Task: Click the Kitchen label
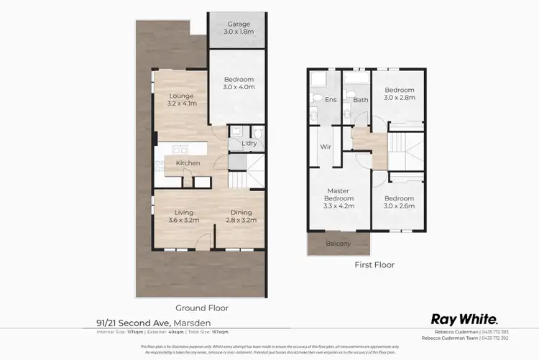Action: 188,163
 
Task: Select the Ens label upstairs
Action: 331,100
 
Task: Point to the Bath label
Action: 360,100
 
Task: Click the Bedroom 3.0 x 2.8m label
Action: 399,94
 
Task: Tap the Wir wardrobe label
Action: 324,149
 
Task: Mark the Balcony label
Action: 338,244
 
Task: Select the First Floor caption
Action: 374,264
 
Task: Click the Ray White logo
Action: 465,318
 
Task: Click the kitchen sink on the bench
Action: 180,150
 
